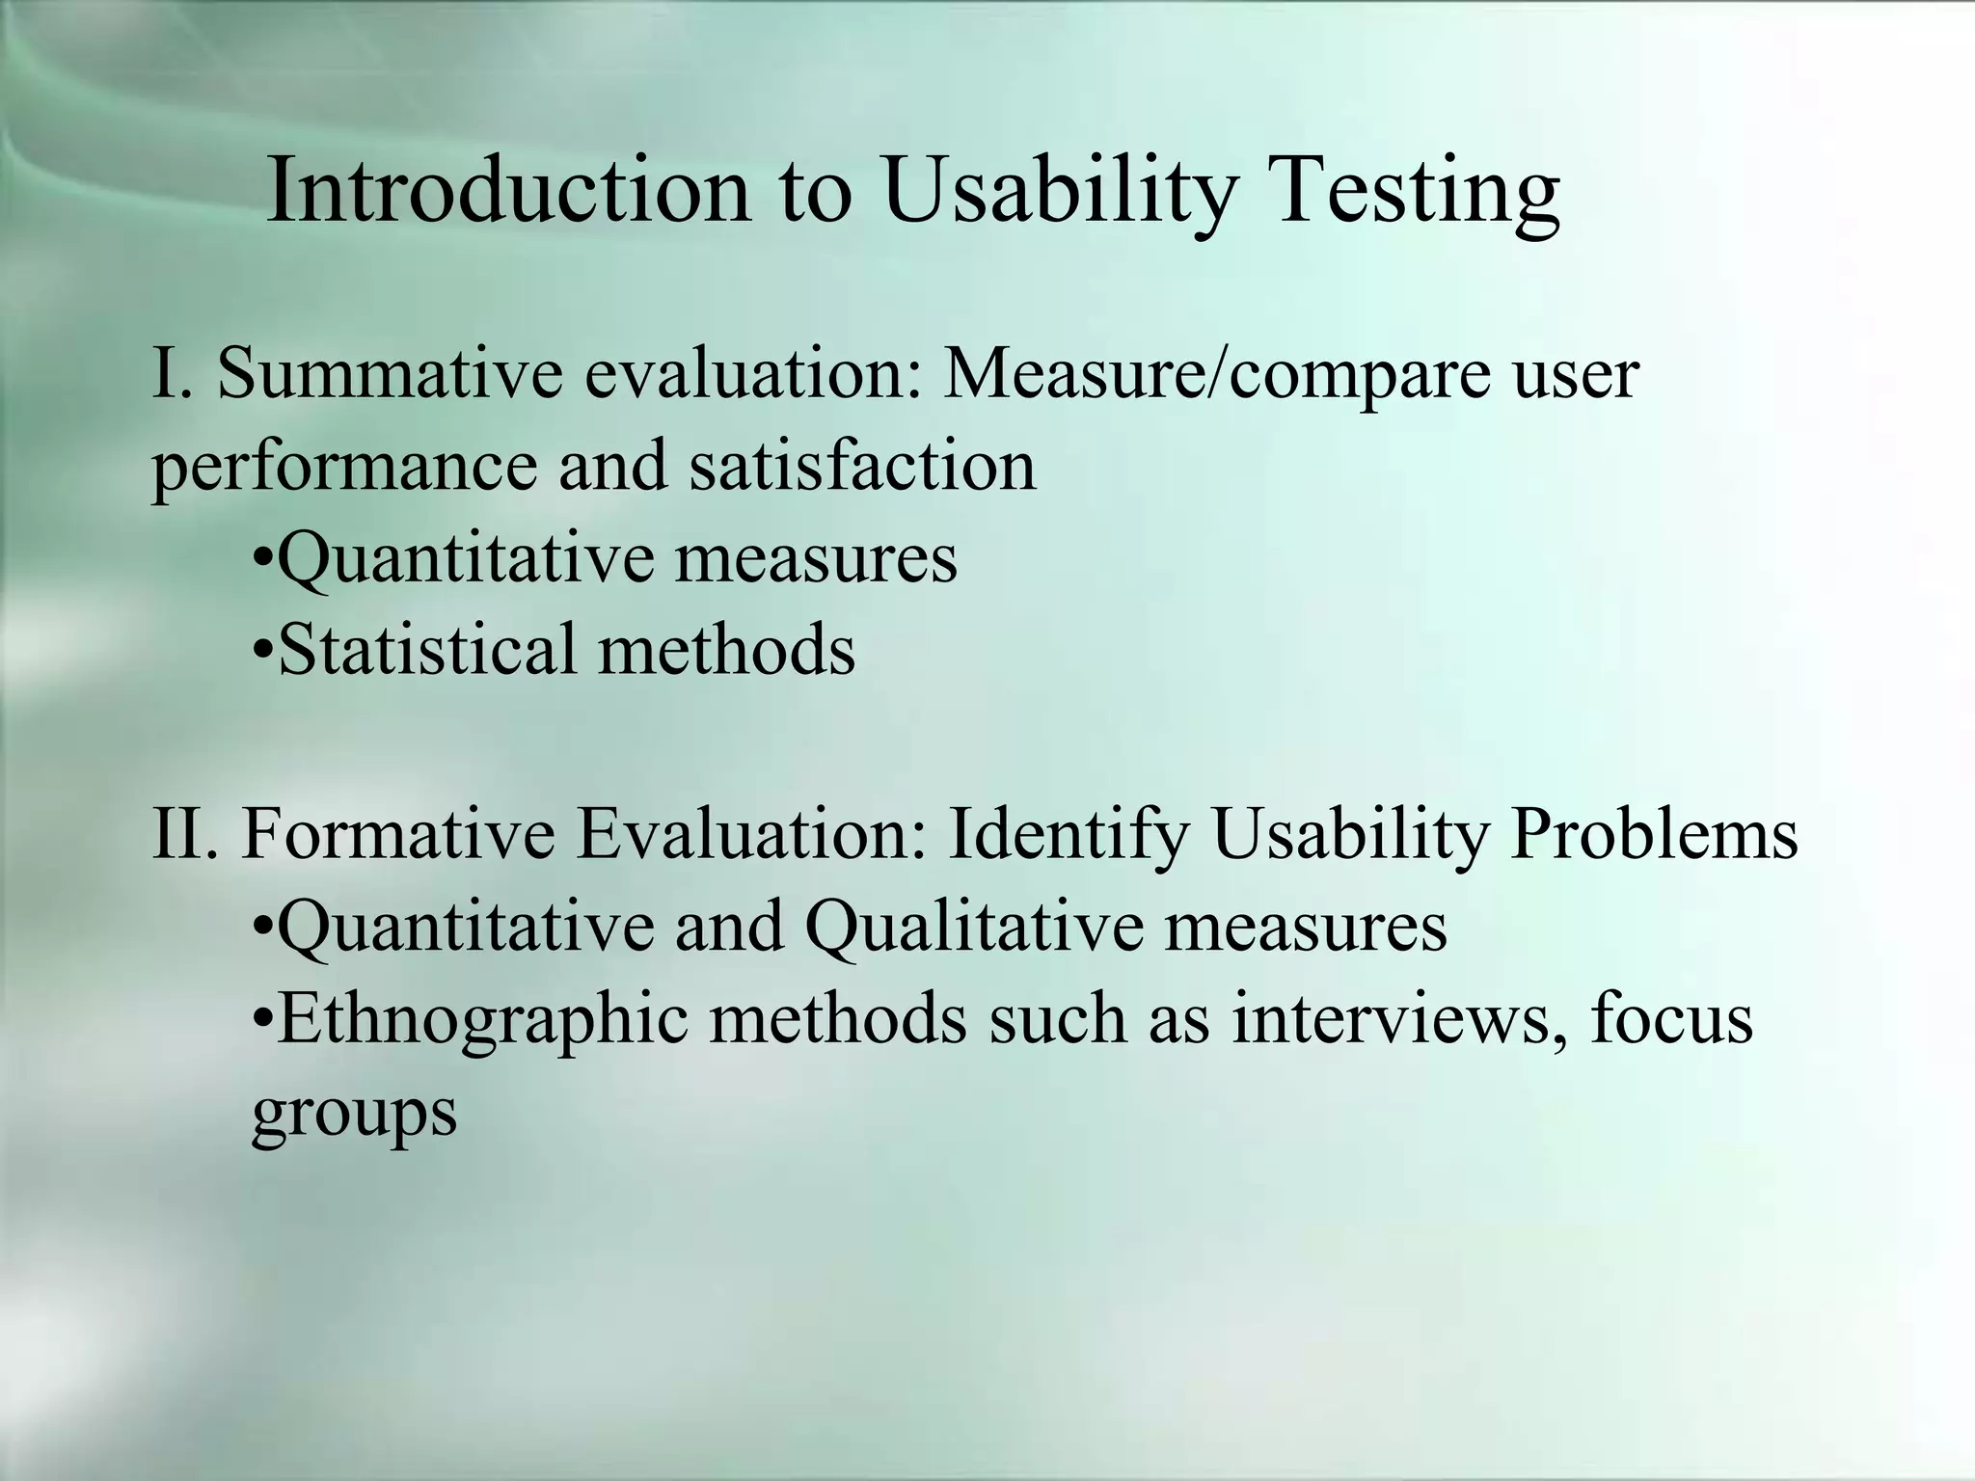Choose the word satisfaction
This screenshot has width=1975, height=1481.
coord(862,466)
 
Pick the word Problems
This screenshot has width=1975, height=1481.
coord(1654,833)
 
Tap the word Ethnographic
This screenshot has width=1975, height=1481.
coord(482,1020)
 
